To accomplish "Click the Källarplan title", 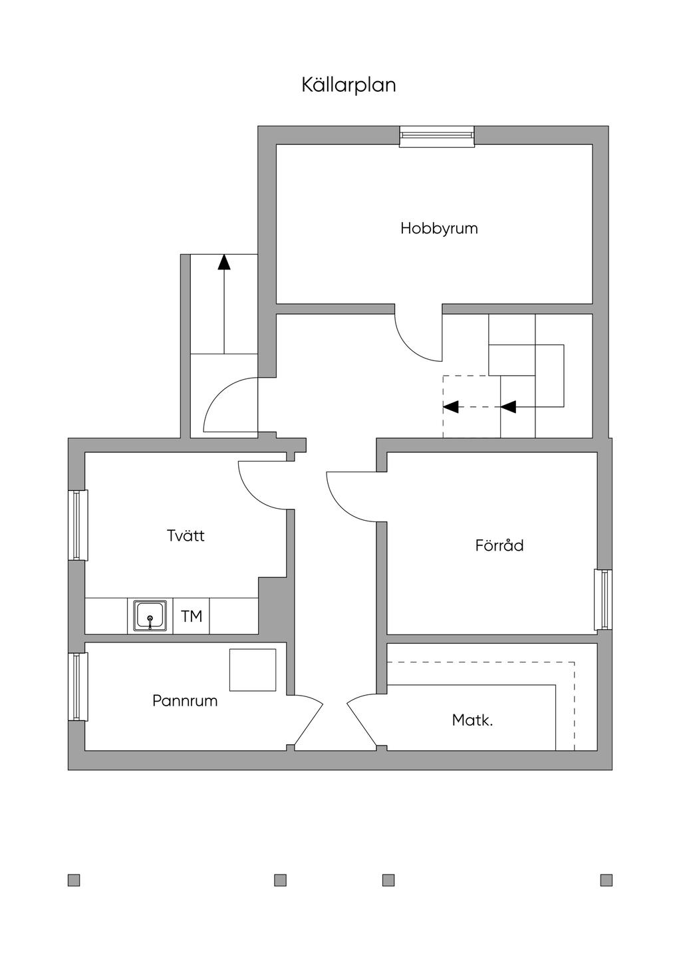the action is pos(348,85).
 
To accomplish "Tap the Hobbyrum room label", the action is pos(439,228).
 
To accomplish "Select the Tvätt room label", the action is pos(186,535).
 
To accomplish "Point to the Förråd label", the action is pos(499,545).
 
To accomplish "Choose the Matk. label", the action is pos(472,720).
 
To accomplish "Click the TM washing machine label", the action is pos(192,617).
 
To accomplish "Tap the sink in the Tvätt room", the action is pos(150,616).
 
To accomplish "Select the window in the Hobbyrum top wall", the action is pos(437,137).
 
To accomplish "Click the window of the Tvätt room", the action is pos(78,525).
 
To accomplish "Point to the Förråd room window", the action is pos(603,599).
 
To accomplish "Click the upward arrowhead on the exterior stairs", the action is pos(224,262).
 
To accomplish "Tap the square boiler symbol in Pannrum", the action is pos(252,670).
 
